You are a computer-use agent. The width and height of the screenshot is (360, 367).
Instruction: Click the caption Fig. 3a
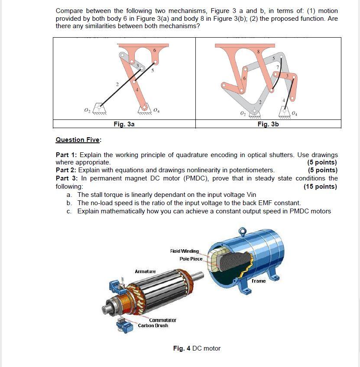pos(124,124)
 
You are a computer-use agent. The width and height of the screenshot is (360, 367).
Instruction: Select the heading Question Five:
pos(78,140)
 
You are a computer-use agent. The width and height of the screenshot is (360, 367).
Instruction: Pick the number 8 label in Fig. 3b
pos(258,52)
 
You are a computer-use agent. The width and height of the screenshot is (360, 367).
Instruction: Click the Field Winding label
pos(185,251)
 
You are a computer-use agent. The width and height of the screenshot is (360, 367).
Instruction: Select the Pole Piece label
pos(191,258)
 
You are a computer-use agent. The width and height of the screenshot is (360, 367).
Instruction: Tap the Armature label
pos(145,271)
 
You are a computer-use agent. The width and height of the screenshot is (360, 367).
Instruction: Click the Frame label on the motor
pos(259,281)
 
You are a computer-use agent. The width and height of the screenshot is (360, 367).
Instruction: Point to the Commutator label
pos(162,320)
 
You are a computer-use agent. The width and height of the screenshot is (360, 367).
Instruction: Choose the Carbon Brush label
pos(153,325)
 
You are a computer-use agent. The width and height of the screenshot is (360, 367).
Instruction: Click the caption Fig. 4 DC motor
pos(197,348)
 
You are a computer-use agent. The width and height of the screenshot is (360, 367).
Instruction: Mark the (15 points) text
pos(321,187)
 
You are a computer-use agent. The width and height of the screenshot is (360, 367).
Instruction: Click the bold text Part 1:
pos(67,155)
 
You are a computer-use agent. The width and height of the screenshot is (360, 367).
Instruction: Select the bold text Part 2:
pos(67,170)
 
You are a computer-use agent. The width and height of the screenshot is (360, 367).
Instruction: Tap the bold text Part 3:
pos(67,178)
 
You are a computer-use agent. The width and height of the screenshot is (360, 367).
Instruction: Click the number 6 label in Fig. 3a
pos(155,51)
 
